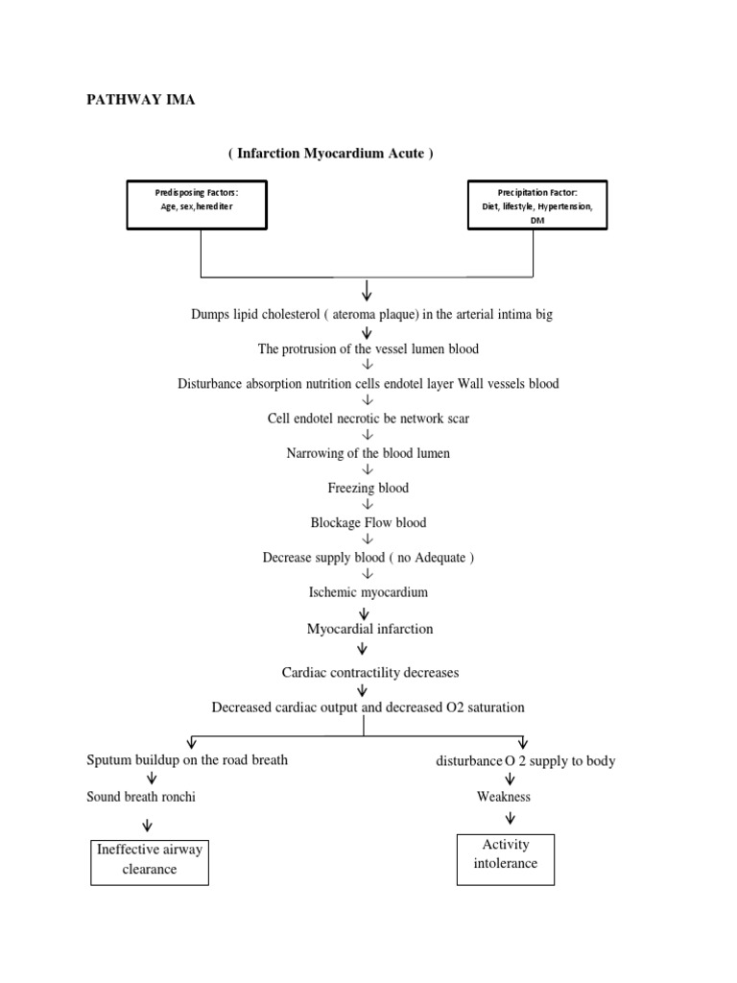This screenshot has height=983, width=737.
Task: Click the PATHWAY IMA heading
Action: tap(141, 100)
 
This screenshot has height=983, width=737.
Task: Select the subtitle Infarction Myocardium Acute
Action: tap(330, 154)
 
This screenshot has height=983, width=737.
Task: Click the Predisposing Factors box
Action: tap(196, 204)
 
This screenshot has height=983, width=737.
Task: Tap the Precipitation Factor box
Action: tap(536, 204)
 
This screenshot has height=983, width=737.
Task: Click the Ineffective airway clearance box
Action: tap(149, 860)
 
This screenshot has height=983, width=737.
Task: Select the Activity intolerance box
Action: tap(506, 854)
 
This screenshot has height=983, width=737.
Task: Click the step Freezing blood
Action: tap(368, 488)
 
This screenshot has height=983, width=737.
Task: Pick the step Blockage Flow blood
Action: tap(368, 523)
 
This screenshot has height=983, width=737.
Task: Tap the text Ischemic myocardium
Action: tap(368, 592)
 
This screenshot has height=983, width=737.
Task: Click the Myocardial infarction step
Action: tap(369, 629)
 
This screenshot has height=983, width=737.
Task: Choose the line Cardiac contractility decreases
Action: tap(369, 673)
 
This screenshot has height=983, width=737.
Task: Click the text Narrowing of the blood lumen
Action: tap(368, 453)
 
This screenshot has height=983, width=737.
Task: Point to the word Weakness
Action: tap(504, 797)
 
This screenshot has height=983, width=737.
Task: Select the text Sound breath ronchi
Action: tap(141, 797)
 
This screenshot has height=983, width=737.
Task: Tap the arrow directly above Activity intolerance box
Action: tap(510, 818)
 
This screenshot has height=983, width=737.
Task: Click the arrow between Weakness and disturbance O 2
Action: tap(510, 779)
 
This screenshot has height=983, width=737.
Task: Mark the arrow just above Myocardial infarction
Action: tap(363, 611)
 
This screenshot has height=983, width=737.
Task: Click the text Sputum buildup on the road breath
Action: tap(187, 759)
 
